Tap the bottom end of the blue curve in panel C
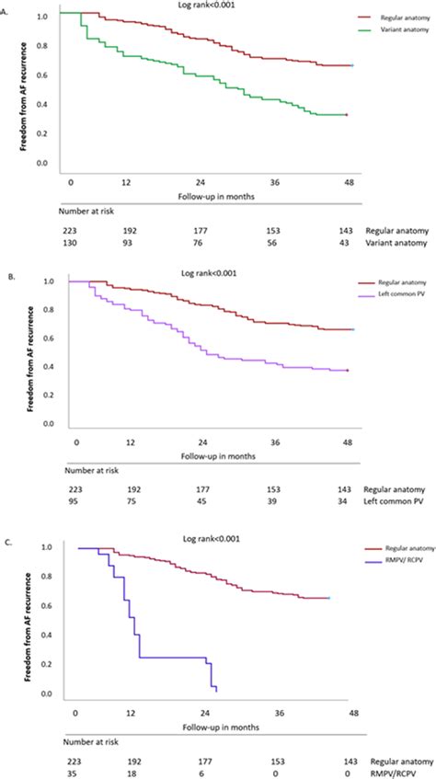pyautogui.click(x=216, y=690)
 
